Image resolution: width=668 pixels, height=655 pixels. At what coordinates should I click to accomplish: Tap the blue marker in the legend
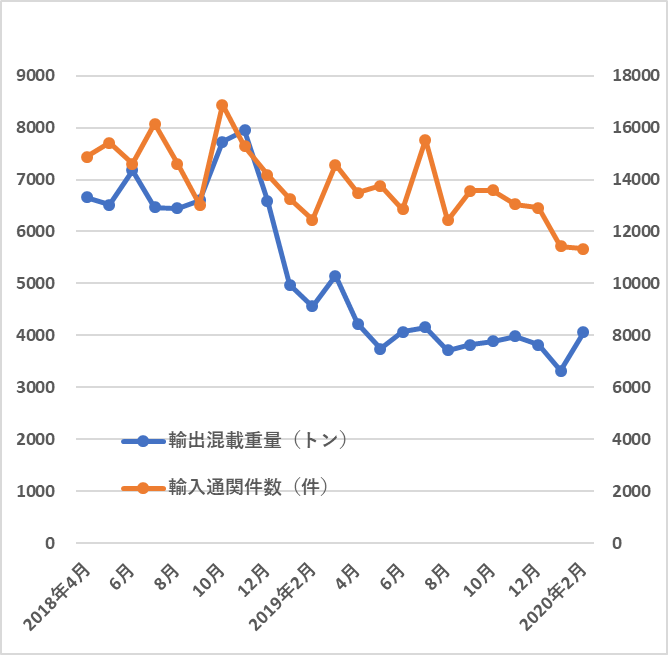pyautogui.click(x=143, y=441)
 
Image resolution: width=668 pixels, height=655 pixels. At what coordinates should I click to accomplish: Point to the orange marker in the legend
pyautogui.click(x=143, y=489)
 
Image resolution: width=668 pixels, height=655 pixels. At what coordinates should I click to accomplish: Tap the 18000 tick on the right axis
pyautogui.click(x=633, y=75)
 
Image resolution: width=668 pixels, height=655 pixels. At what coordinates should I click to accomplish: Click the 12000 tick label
pyautogui.click(x=633, y=231)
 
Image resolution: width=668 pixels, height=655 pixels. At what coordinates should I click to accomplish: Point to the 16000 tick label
pyautogui.click(x=633, y=127)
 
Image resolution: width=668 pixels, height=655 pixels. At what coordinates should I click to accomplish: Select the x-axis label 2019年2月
pyautogui.click(x=288, y=596)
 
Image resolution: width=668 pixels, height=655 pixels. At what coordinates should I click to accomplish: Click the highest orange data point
pyautogui.click(x=222, y=105)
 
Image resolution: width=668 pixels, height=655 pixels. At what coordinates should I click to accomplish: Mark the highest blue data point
pyautogui.click(x=245, y=130)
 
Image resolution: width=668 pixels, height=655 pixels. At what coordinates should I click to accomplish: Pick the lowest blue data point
pyautogui.click(x=561, y=371)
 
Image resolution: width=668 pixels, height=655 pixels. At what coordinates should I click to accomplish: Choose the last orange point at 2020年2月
pyautogui.click(x=584, y=249)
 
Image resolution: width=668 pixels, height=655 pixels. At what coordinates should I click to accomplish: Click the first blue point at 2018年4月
pyautogui.click(x=87, y=197)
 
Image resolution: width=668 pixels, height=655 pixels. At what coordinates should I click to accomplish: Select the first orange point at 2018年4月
pyautogui.click(x=87, y=157)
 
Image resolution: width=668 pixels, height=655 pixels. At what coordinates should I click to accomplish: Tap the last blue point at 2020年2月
pyautogui.click(x=584, y=332)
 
